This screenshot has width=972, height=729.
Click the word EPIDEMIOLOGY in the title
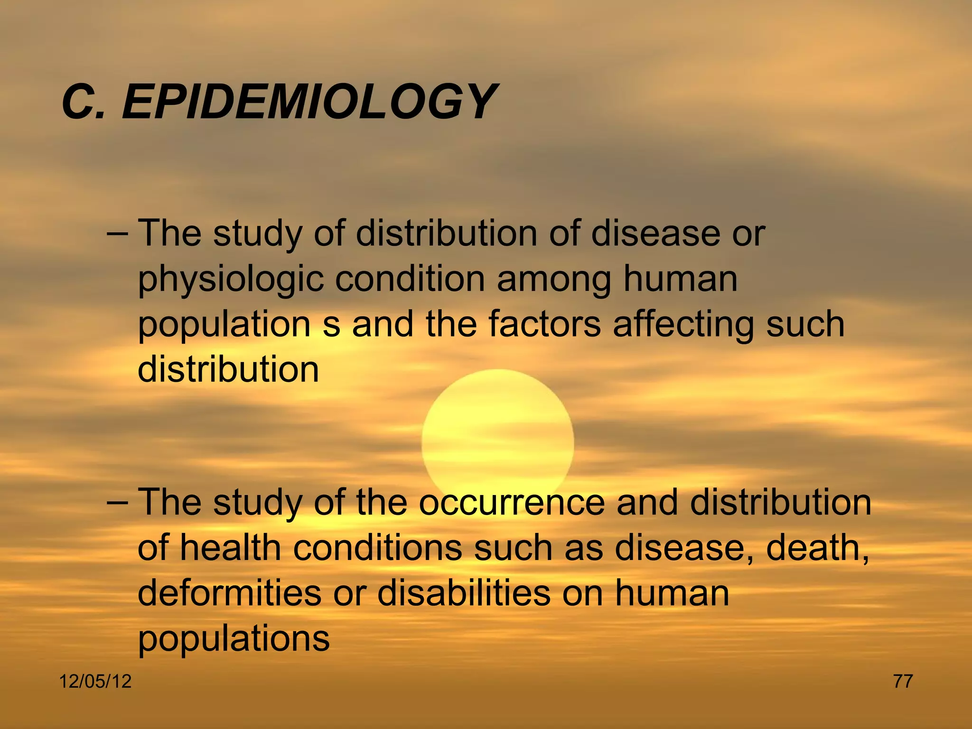click(x=308, y=101)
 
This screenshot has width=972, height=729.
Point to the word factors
click(x=544, y=324)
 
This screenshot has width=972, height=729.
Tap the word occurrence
click(x=512, y=503)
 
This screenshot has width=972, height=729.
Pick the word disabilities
click(x=464, y=593)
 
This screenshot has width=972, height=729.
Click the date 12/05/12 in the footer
click(x=95, y=682)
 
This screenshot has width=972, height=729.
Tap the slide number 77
click(x=903, y=682)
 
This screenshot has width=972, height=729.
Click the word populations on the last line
click(x=234, y=639)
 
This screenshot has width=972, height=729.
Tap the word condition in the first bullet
click(x=411, y=279)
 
